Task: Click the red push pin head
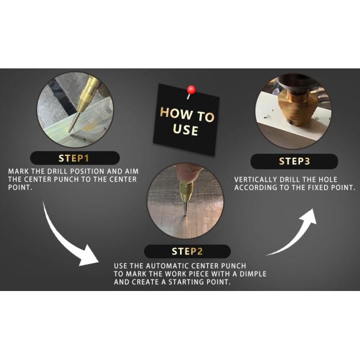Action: pyautogui.click(x=191, y=90)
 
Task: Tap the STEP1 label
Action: pyautogui.click(x=74, y=158)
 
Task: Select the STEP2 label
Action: pyautogui.click(x=187, y=251)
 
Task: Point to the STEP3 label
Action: pyautogui.click(x=295, y=161)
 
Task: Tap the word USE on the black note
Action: pyautogui.click(x=185, y=130)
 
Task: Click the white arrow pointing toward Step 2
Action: pyautogui.click(x=67, y=239)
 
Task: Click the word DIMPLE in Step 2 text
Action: pyautogui.click(x=253, y=274)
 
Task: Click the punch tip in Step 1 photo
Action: pyautogui.click(x=69, y=131)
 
